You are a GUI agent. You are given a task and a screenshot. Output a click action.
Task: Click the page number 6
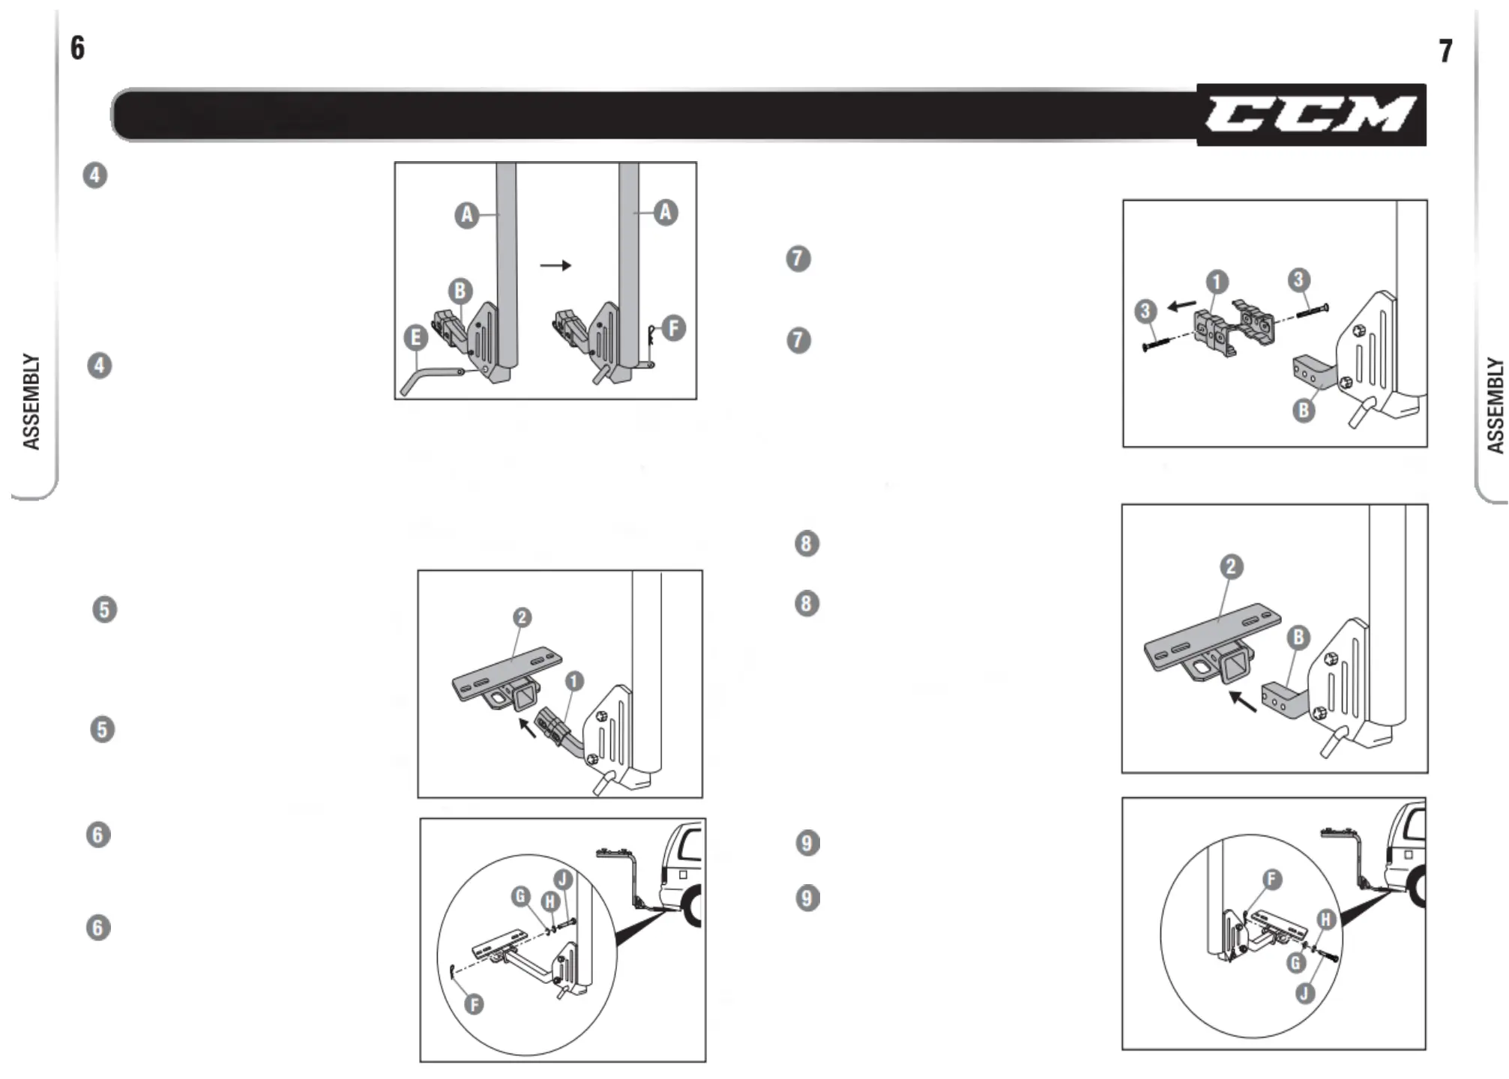[77, 49]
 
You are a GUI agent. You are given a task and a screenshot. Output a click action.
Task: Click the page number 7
[1445, 51]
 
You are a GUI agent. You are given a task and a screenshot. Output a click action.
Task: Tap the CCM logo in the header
[1310, 115]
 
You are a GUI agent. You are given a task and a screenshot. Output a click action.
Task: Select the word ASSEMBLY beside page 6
[31, 402]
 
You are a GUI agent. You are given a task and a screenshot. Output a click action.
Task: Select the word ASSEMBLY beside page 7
[1495, 405]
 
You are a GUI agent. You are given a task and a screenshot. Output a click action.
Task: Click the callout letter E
[415, 338]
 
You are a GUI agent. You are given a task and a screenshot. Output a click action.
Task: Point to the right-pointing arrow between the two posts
[555, 266]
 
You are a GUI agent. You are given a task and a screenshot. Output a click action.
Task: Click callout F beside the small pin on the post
[673, 328]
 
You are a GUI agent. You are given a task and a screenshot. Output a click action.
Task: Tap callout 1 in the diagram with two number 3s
[1217, 282]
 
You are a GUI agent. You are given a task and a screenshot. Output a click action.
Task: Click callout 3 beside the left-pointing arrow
[1145, 311]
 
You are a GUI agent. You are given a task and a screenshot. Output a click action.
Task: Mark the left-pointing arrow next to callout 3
[1183, 306]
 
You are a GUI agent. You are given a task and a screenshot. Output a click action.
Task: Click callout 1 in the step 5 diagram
[573, 681]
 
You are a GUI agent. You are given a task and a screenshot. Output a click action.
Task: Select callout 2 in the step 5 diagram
[522, 617]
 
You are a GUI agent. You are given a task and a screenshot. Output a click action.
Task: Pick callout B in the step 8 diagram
[1298, 638]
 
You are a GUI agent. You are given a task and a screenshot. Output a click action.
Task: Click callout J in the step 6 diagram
[562, 880]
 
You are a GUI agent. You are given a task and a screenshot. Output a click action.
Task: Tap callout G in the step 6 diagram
[520, 896]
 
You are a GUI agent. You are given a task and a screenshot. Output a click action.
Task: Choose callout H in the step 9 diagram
[1326, 920]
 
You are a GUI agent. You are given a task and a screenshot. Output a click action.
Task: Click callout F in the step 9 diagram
[1271, 879]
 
